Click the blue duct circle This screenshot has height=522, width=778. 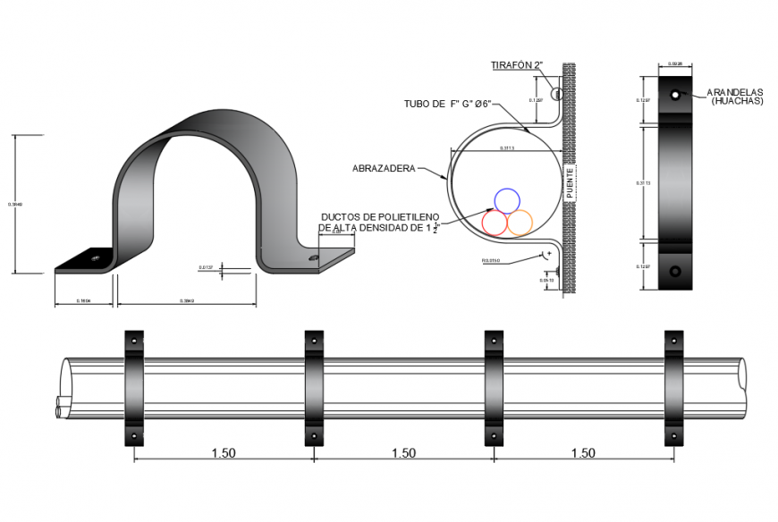(507, 201)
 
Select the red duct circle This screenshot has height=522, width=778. (495, 222)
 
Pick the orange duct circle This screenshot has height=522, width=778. (520, 222)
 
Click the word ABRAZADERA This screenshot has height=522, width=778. (384, 167)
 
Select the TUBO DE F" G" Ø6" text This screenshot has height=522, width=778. (446, 105)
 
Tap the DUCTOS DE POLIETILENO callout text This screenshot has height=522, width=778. (380, 222)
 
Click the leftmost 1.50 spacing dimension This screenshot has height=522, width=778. (224, 453)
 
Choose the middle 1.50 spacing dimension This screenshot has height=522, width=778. (403, 453)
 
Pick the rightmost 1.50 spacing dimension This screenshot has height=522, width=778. (583, 453)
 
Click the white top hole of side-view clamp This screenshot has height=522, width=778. (675, 94)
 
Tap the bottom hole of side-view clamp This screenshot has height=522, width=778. (675, 270)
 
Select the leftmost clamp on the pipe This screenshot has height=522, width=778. (134, 388)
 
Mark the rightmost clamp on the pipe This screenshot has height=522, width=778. (674, 388)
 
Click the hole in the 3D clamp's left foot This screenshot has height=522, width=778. (94, 260)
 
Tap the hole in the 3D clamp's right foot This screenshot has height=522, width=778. (314, 257)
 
